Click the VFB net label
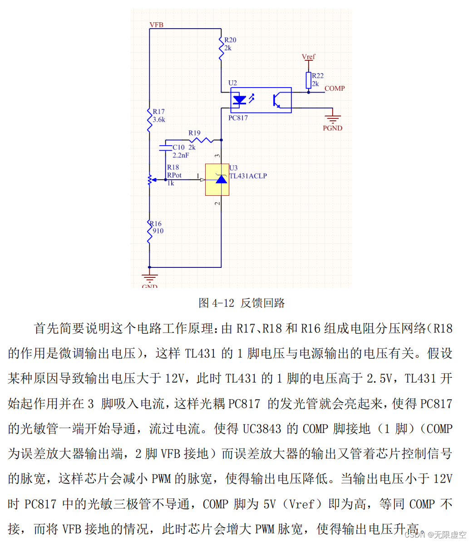(x=157, y=25)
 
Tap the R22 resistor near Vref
(x=309, y=80)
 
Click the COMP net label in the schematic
(x=335, y=89)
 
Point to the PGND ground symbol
(x=333, y=119)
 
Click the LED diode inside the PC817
(x=239, y=99)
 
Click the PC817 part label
(x=238, y=118)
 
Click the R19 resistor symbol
(x=202, y=139)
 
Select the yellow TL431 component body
(x=217, y=179)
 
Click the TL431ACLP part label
(x=248, y=176)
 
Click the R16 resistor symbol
(x=149, y=231)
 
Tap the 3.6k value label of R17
(x=159, y=120)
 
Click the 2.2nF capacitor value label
(x=181, y=155)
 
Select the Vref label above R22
(x=309, y=57)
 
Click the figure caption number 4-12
(x=223, y=303)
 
